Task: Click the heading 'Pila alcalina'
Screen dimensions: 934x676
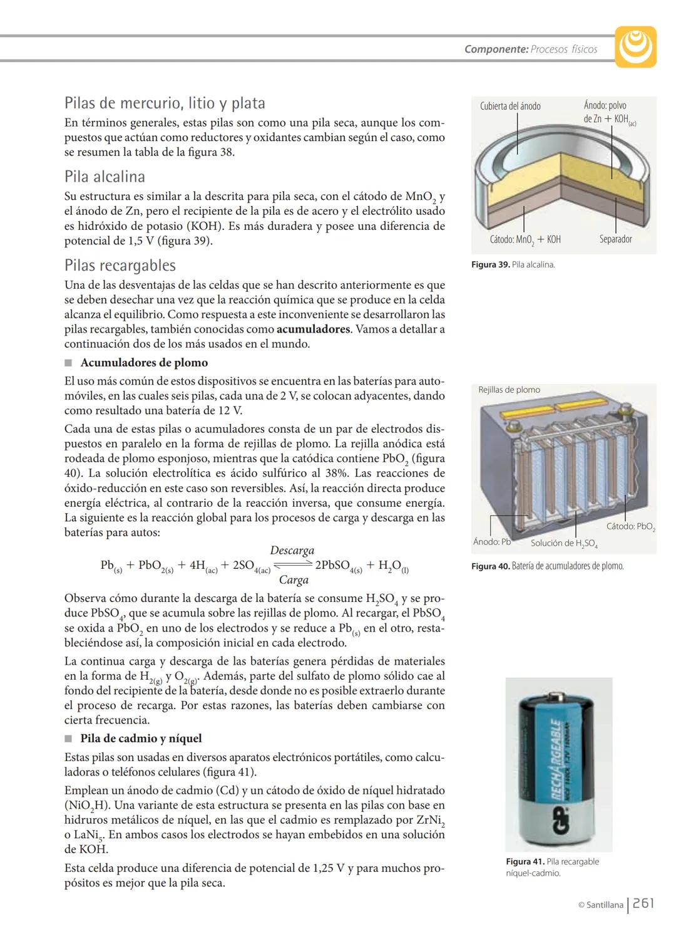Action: [105, 177]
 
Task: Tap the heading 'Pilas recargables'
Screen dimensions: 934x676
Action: [120, 266]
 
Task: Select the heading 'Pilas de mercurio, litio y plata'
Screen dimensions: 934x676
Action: [165, 103]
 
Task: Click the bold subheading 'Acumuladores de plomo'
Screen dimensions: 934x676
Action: [144, 363]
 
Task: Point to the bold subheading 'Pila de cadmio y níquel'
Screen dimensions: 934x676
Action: [141, 739]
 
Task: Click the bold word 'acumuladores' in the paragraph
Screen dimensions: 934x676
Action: [313, 329]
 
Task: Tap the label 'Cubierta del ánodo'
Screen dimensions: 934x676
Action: [510, 106]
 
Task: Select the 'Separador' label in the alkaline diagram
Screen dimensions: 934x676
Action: [615, 239]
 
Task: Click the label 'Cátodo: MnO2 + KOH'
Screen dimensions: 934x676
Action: [525, 240]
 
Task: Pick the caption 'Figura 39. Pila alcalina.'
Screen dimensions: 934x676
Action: [513, 265]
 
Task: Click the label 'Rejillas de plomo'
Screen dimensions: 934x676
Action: [509, 390]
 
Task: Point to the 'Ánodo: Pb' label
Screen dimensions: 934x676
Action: [492, 542]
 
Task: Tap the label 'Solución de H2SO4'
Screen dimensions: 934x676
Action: [564, 544]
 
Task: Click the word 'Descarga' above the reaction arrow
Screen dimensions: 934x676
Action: [292, 551]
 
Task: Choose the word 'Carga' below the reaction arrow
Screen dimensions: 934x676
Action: [294, 580]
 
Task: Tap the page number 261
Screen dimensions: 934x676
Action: [643, 903]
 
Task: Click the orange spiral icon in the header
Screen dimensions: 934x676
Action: [635, 46]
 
